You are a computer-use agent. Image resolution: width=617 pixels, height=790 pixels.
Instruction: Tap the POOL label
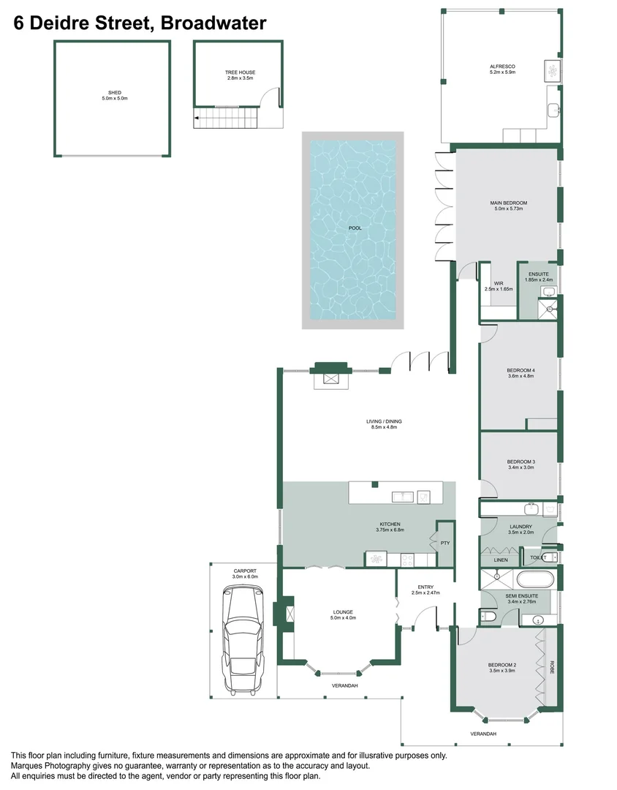click(x=355, y=228)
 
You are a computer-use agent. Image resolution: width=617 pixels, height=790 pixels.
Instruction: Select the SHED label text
click(x=111, y=92)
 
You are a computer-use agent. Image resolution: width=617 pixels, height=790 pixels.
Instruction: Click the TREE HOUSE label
click(x=240, y=72)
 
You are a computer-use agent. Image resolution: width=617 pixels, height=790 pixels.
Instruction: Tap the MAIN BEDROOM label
click(x=508, y=203)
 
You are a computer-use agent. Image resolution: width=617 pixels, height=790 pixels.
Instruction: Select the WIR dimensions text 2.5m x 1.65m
click(x=499, y=290)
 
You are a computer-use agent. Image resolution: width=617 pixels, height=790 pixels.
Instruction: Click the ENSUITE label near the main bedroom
click(x=538, y=274)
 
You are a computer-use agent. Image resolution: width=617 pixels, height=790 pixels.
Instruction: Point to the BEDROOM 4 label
click(x=521, y=371)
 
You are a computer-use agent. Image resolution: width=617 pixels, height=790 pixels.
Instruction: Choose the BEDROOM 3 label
click(x=521, y=462)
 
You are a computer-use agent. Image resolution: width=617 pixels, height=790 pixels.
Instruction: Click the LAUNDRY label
click(x=521, y=527)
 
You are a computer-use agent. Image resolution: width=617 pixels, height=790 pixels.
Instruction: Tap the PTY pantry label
click(x=444, y=543)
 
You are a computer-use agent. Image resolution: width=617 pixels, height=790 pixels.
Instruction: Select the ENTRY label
click(x=425, y=587)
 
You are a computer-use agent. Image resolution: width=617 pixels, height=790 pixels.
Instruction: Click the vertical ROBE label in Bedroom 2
click(x=551, y=667)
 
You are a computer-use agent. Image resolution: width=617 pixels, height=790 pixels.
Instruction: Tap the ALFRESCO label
click(x=502, y=67)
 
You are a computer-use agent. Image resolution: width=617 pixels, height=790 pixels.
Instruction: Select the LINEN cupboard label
click(x=501, y=560)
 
